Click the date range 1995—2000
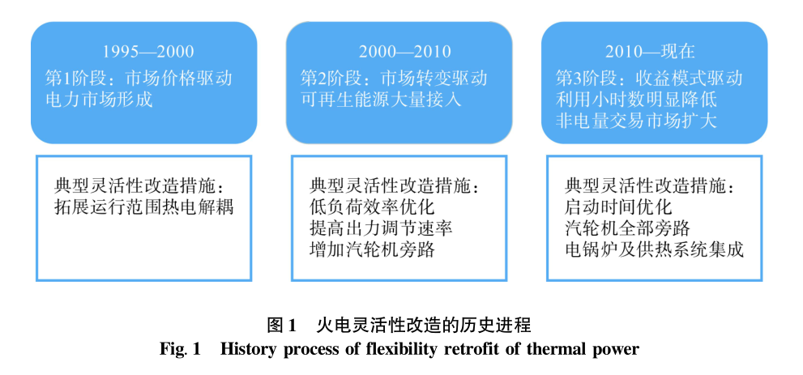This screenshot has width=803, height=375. click(148, 52)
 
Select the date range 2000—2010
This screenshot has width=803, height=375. click(404, 52)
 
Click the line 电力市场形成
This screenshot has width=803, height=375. click(100, 99)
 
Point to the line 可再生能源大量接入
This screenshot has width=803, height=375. click(381, 99)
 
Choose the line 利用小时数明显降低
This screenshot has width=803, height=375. click(637, 99)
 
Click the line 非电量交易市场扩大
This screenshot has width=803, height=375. click(637, 120)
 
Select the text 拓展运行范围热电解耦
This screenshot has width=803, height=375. click(144, 207)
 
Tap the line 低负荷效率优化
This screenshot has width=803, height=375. click(372, 207)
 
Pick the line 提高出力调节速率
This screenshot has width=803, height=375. click(382, 228)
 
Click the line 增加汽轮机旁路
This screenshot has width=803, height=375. click(372, 249)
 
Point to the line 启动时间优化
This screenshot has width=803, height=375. click(618, 207)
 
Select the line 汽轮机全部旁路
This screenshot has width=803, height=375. click(628, 228)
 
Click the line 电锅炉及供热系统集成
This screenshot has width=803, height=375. click(655, 249)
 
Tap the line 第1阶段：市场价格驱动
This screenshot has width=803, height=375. click(139, 78)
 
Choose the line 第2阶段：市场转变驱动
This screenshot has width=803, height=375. click(395, 78)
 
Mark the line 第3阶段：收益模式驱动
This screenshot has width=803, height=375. click(649, 78)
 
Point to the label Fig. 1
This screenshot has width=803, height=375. click(180, 349)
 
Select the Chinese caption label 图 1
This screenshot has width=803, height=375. click(282, 325)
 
